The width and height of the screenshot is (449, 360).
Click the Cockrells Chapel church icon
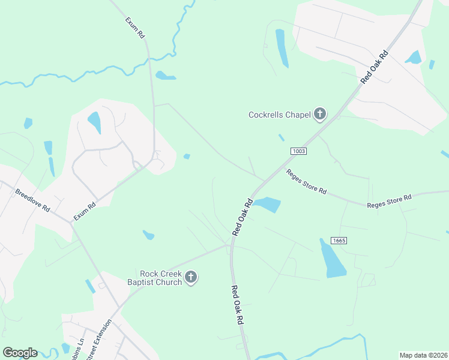point(320,114)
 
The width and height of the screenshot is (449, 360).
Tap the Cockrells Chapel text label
point(279,115)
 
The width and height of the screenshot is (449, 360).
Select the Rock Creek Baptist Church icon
point(191,277)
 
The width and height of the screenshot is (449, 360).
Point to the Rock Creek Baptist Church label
point(154,277)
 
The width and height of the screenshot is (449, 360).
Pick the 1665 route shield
point(339,240)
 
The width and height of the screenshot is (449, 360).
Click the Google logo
point(20,353)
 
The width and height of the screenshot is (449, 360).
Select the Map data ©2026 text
point(423,355)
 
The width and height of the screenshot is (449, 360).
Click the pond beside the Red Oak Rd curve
point(267,205)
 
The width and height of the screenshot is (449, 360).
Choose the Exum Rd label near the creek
point(136,28)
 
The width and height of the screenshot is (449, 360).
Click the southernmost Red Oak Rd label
point(237,305)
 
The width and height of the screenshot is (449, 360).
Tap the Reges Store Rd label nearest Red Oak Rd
point(306,182)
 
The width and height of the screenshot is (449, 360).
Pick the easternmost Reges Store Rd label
point(389,201)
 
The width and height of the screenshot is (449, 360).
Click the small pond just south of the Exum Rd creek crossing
point(165,76)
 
